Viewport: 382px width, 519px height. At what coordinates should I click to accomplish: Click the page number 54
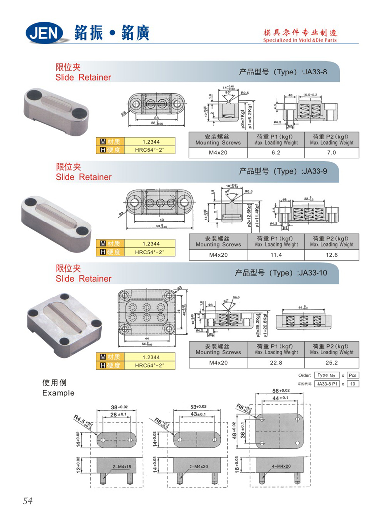pyautogui.click(x=27, y=501)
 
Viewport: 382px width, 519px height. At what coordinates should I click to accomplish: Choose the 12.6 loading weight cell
pyautogui.click(x=332, y=255)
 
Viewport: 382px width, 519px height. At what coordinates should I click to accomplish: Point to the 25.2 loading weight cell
pyautogui.click(x=332, y=363)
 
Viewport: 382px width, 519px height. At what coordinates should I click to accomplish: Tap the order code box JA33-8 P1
pyautogui.click(x=327, y=384)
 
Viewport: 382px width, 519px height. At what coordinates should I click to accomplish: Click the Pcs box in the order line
pyautogui.click(x=353, y=375)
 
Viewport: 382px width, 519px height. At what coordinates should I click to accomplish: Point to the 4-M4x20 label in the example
pyautogui.click(x=281, y=466)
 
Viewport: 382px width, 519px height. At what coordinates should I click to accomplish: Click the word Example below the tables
pyautogui.click(x=59, y=393)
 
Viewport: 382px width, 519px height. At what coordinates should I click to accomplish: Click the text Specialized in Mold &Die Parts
pyautogui.click(x=300, y=40)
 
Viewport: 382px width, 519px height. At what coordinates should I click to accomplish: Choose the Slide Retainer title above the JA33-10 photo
pyautogui.click(x=83, y=278)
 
